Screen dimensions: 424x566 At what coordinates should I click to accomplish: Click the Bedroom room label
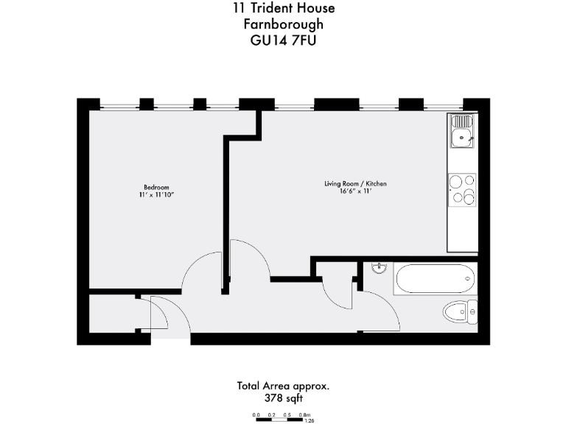click(x=156, y=187)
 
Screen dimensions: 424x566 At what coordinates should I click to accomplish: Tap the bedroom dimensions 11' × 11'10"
click(x=156, y=195)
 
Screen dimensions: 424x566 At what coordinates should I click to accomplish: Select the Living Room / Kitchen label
click(x=355, y=183)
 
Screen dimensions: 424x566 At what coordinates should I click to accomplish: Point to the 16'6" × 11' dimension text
click(x=355, y=191)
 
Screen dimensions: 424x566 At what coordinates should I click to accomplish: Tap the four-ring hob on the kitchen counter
click(x=462, y=188)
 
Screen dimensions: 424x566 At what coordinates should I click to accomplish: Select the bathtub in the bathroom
click(x=433, y=279)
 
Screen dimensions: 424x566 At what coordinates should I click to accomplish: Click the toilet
click(x=461, y=312)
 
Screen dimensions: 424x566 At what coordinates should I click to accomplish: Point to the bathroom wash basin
click(x=380, y=267)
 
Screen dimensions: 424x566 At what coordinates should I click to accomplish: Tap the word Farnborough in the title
click(x=283, y=24)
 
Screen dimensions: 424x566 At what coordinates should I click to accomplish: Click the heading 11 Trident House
click(x=283, y=9)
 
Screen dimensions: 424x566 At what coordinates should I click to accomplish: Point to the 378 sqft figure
click(x=283, y=398)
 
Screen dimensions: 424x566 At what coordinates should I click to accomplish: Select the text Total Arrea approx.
click(x=283, y=385)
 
